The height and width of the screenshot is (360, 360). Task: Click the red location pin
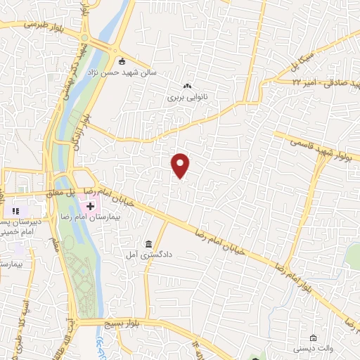tap(181, 165)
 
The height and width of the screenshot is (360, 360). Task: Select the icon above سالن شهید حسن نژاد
tap(122, 61)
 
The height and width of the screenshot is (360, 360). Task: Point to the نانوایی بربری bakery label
tap(184, 98)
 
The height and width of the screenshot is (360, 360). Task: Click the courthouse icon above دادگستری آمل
tap(148, 244)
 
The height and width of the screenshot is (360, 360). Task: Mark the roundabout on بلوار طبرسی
tap(85, 38)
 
